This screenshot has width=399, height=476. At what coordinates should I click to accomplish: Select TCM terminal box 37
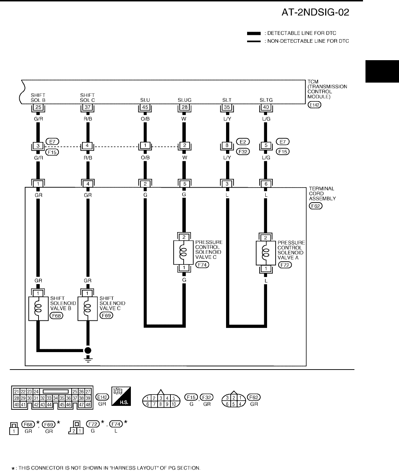(x=87, y=107)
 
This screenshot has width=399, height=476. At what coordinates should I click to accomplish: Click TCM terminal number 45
(x=145, y=107)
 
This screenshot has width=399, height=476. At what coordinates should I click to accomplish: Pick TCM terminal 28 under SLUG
(x=184, y=107)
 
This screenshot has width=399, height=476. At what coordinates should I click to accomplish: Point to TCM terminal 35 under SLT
(x=227, y=107)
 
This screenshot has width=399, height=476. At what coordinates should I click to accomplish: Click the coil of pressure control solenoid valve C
(x=184, y=252)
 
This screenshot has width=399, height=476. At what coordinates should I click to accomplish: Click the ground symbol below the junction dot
(x=87, y=357)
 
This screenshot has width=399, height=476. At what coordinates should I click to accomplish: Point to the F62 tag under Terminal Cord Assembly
(x=316, y=207)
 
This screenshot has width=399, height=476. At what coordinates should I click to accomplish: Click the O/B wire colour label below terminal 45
(x=145, y=119)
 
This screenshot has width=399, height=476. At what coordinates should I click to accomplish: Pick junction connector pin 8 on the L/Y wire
(x=227, y=145)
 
